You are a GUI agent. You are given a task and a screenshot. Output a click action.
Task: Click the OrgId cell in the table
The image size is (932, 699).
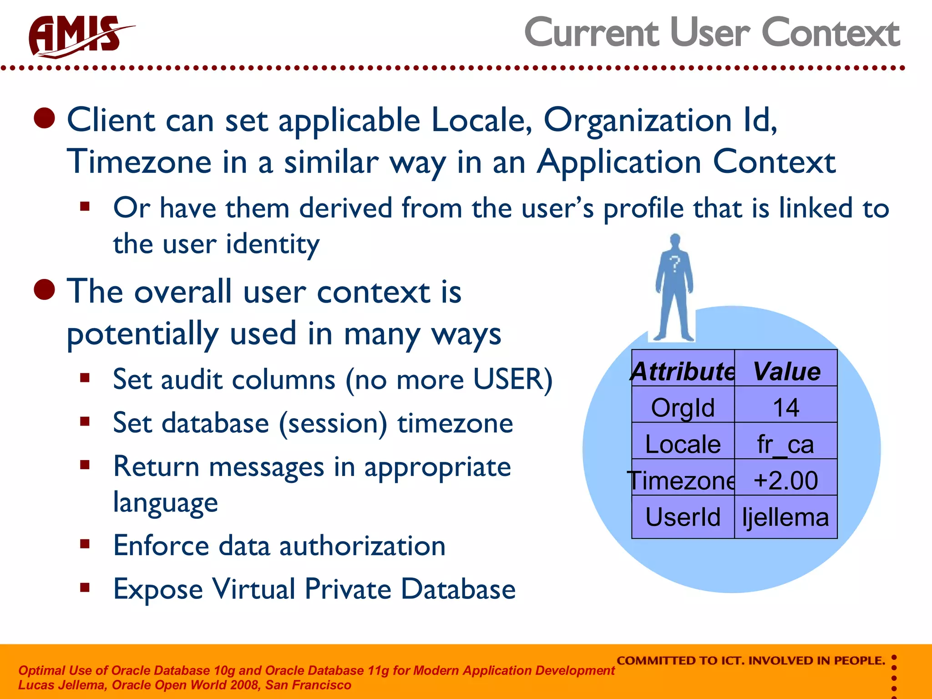(683, 407)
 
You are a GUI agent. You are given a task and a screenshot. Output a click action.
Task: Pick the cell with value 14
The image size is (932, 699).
(786, 407)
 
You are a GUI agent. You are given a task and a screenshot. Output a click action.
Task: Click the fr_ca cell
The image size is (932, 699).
(785, 444)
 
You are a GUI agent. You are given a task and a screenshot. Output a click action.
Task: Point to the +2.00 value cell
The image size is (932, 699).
(786, 480)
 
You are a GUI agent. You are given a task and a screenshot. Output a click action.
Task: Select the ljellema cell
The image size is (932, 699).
(786, 517)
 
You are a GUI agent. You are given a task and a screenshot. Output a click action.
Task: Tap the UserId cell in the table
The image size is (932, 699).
(683, 517)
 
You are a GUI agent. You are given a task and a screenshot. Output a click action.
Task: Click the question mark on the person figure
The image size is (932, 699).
(674, 264)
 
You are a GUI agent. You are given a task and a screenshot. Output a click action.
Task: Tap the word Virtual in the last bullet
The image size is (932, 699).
(254, 589)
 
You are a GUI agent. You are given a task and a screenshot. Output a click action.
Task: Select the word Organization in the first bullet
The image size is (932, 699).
(637, 121)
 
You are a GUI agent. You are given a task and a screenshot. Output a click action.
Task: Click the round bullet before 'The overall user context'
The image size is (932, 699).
(45, 289)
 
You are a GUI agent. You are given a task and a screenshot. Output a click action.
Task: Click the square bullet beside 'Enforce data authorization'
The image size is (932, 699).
(85, 544)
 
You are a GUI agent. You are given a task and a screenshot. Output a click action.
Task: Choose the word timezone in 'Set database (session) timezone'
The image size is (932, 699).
(455, 423)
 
